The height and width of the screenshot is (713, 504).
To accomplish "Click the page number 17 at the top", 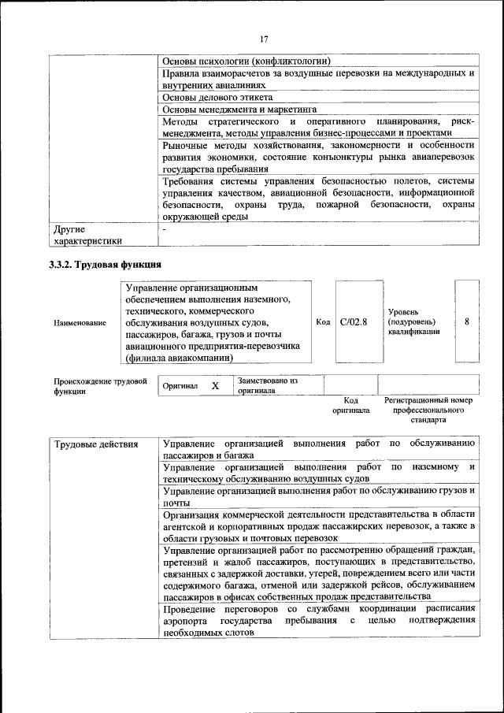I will coord(263,39).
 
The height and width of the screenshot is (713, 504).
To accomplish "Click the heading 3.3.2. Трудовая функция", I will coord(106,265).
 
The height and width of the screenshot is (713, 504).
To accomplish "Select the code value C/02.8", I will coord(354,321).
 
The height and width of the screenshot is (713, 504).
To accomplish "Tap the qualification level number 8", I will coord(467,321).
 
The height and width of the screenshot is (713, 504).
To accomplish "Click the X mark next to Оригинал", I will coord(214,386).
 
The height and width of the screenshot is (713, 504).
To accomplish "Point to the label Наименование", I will coord(80,322).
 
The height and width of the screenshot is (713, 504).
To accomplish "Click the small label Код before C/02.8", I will coord(323,321).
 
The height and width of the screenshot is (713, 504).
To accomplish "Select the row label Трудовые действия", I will coord(96,444).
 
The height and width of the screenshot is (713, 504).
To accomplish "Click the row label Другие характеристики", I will coord(89,235).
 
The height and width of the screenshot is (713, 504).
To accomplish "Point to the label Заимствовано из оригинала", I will coord(267,385).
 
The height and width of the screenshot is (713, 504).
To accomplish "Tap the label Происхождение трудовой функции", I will coord(100,386).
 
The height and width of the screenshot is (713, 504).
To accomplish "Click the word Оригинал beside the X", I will coord(180,387).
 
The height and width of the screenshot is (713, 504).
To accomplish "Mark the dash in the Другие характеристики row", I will coord(164,228).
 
